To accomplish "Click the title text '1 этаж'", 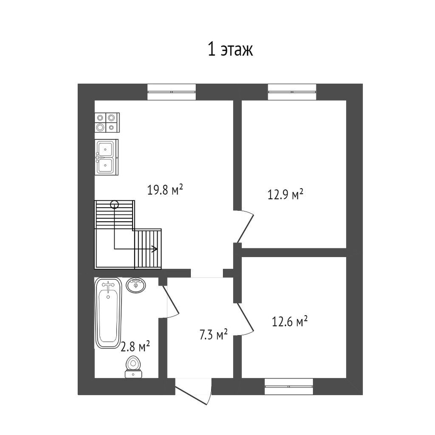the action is [x=230, y=50].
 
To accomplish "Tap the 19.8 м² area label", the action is [x=165, y=190].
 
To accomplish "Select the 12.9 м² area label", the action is [x=285, y=194].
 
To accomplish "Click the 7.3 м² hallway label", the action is [x=214, y=335].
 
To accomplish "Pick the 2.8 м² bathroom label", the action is [x=136, y=346].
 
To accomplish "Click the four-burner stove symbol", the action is [x=107, y=122].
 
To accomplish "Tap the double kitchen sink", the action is [x=107, y=157].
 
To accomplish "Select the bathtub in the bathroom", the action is [x=108, y=313].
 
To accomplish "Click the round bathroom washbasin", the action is [x=136, y=285].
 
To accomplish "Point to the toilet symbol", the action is [x=133, y=367].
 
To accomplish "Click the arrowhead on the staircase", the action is [x=155, y=249].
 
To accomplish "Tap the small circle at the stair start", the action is [x=114, y=204].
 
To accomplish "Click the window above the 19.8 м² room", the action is [x=172, y=92].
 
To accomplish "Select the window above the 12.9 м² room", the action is [x=292, y=92].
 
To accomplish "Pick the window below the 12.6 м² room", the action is [x=289, y=386].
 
